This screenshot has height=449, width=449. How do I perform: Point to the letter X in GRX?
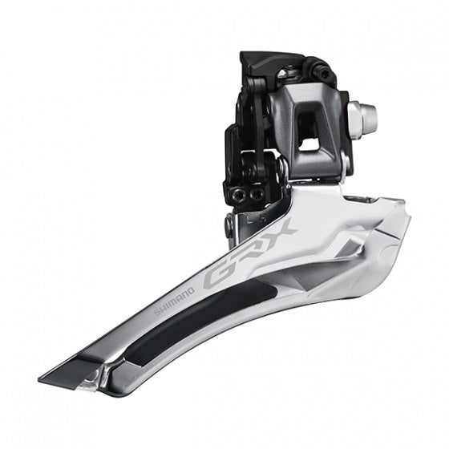(281, 233)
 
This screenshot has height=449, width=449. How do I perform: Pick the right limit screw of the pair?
(257, 194)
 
